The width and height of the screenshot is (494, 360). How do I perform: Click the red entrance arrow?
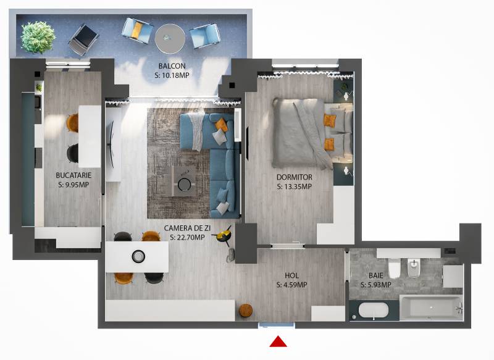[278, 341]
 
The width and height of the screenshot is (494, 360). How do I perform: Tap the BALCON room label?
[172, 66]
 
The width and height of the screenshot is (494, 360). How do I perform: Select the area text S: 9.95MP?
[73, 185]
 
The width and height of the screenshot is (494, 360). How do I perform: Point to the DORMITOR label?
[295, 177]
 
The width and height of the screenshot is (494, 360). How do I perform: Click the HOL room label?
[291, 275]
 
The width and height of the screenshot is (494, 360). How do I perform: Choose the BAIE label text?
[376, 275]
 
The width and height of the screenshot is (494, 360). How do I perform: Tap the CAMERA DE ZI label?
[187, 228]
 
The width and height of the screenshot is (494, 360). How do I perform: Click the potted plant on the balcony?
[38, 37]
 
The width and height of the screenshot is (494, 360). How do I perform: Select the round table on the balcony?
[170, 39]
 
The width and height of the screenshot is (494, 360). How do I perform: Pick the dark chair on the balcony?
[83, 40]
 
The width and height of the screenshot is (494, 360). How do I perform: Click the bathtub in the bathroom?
[431, 307]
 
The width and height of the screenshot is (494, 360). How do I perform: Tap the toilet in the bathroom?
[394, 268]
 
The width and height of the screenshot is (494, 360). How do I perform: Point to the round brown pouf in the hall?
[246, 311]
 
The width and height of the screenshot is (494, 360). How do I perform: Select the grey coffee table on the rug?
[185, 182]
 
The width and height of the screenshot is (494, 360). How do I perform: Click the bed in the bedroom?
[312, 133]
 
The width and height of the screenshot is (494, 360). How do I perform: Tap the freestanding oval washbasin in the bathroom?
[374, 310]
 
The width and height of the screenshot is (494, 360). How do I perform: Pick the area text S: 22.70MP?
[187, 238]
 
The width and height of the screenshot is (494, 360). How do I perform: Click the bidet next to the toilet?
[413, 269]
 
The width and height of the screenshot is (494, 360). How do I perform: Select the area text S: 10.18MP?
[172, 75]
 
